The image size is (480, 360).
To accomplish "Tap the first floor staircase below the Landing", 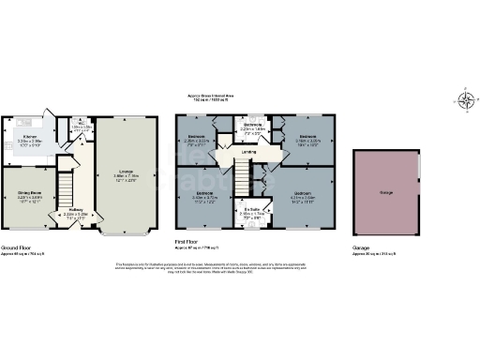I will pyautogui.click(x=241, y=174).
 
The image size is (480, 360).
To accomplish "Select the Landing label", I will pyautogui.click(x=249, y=152).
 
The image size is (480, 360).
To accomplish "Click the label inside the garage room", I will pyautogui.click(x=384, y=192).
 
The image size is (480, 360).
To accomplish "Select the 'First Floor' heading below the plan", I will pyautogui.click(x=191, y=242).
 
